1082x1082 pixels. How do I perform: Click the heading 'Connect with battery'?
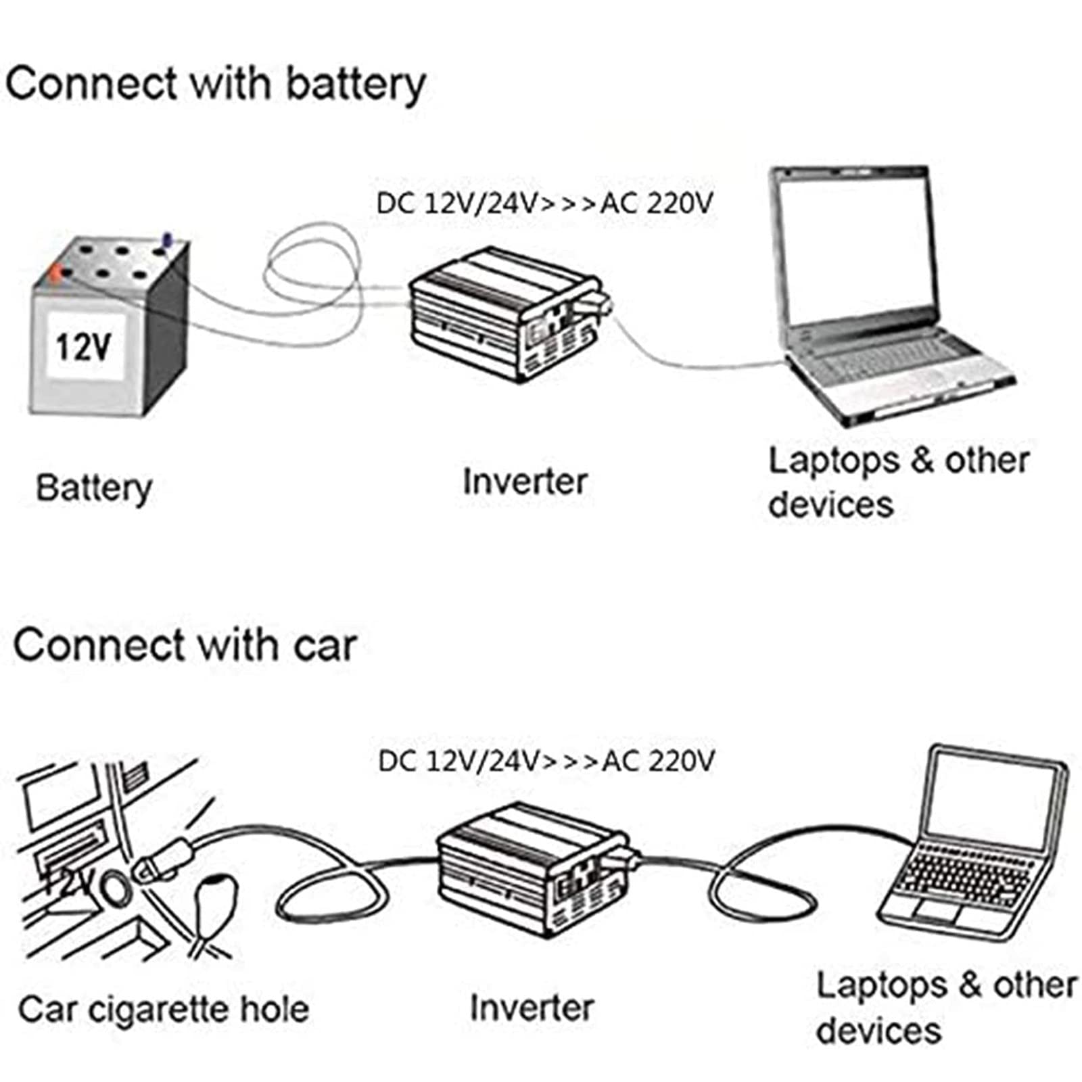[x=215, y=85]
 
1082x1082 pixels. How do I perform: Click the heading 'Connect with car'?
[x=184, y=645]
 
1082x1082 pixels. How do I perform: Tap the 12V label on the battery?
[x=83, y=347]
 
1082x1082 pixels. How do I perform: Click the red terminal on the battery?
[x=55, y=273]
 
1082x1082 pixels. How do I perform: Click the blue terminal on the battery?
[x=166, y=240]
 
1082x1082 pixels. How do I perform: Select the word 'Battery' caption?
[x=93, y=488]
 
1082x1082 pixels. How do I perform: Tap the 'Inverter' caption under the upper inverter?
[x=524, y=482]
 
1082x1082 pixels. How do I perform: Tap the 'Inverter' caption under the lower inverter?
[x=532, y=1008]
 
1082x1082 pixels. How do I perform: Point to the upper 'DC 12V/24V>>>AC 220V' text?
[x=544, y=204]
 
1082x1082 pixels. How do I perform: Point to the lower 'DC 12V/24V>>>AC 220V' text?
[x=546, y=761]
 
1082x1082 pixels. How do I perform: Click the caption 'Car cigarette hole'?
[x=164, y=1010]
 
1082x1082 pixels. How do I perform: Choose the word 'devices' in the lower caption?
[x=878, y=1031]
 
